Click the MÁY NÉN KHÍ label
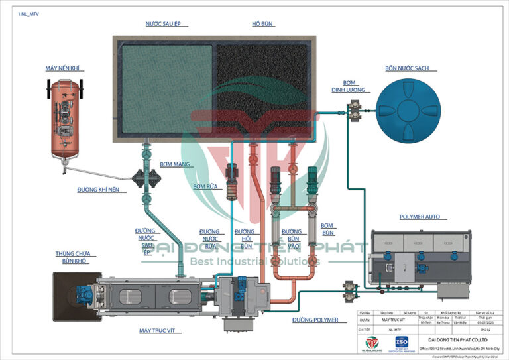click(66, 68)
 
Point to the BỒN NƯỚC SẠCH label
click(406, 68)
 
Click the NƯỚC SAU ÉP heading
click(164, 24)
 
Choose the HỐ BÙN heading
click(262, 24)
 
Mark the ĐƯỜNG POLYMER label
click(315, 320)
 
